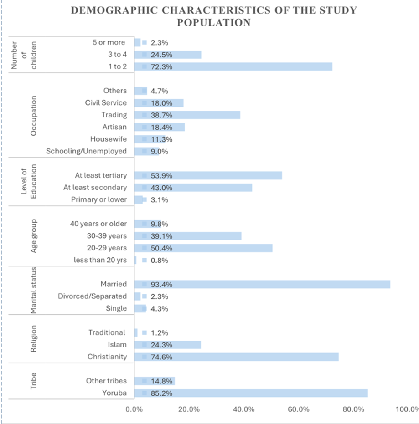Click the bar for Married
[262, 284]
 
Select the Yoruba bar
[251, 393]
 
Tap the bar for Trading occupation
[187, 115]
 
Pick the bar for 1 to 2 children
[233, 66]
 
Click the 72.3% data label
[161, 67]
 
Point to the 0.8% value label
[160, 261]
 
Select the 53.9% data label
[161, 176]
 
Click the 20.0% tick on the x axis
[189, 409]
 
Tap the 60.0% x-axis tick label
[299, 409]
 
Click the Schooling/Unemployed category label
[86, 151]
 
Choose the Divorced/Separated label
[92, 296]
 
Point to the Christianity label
[107, 357]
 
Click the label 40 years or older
[98, 224]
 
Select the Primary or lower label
[99, 199]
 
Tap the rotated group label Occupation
[33, 116]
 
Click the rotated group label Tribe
[33, 381]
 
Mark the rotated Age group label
[34, 236]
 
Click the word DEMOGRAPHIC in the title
[114, 10]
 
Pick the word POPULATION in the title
[214, 22]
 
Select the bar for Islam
[168, 345]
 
